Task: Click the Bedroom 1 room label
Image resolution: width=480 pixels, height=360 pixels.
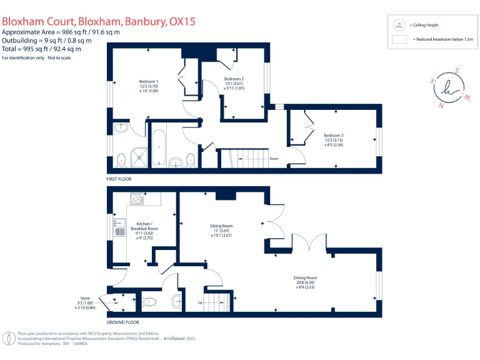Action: (x=148, y=82)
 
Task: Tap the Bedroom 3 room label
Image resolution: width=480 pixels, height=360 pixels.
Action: (x=234, y=79)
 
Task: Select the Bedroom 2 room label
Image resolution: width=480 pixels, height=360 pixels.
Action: (x=334, y=135)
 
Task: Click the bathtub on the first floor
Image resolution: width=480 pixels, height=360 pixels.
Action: (x=158, y=146)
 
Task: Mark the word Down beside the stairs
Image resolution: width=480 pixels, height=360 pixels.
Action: (x=274, y=159)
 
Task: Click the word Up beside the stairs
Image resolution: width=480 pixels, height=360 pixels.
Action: (x=200, y=302)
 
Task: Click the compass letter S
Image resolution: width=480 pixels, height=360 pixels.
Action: (x=457, y=71)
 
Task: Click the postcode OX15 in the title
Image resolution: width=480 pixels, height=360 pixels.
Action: (x=182, y=21)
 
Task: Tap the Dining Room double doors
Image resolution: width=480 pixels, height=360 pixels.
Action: (x=309, y=244)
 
